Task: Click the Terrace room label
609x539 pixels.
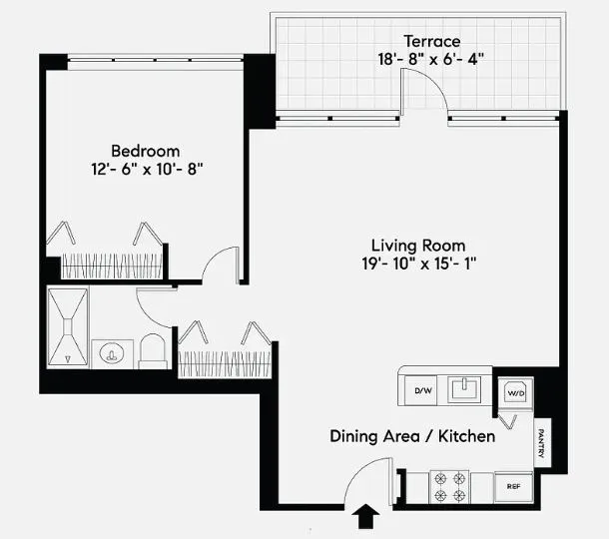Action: tap(432, 42)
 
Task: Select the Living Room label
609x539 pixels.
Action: tap(418, 245)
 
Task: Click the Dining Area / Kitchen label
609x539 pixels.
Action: tap(413, 436)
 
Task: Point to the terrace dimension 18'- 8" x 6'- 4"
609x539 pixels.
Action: tap(432, 60)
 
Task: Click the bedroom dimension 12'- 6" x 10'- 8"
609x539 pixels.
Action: tap(148, 170)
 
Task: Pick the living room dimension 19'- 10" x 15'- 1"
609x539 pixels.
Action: tap(418, 264)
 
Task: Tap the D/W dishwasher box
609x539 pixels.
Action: tap(423, 389)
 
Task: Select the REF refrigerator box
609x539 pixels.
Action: tap(513, 487)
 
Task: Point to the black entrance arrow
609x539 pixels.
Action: tap(367, 516)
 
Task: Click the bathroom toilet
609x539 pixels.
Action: tap(153, 350)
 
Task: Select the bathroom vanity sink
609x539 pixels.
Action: tap(112, 352)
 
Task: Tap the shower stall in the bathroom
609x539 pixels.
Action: tap(68, 327)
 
